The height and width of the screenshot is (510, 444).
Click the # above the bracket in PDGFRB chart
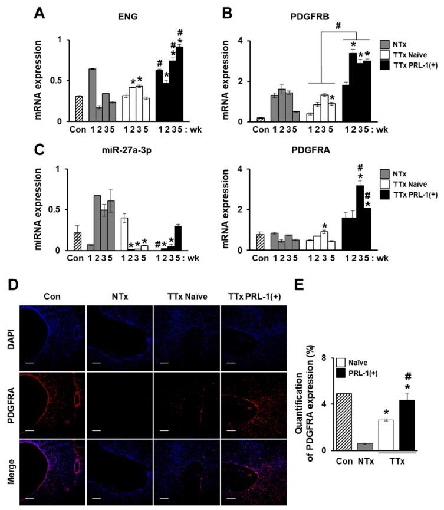coord(338,26)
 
